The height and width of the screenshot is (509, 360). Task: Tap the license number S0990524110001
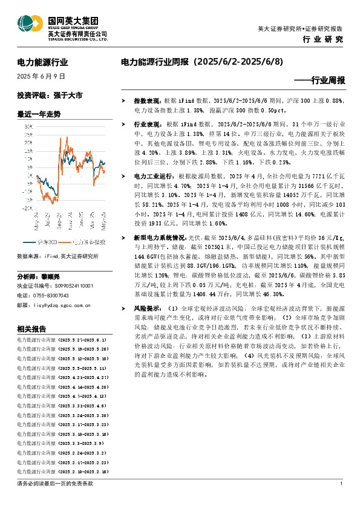coord(66,285)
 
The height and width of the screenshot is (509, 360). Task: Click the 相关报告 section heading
coord(31,329)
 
